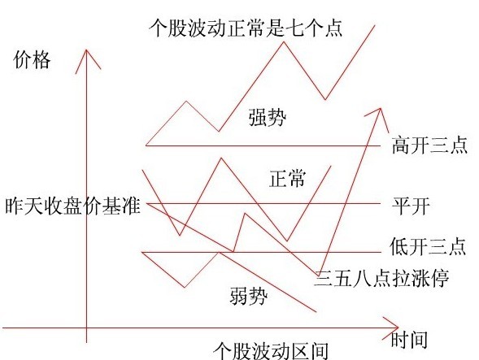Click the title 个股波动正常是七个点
[246, 28]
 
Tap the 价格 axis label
[32, 60]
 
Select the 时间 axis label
[409, 340]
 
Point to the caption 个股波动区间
[271, 351]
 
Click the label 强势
[268, 117]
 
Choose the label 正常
[287, 178]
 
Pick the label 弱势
[249, 296]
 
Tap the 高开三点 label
[430, 145]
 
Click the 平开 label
[412, 206]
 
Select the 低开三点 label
[429, 246]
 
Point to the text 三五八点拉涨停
[382, 278]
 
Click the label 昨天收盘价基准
[72, 206]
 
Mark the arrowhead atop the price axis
[86, 50]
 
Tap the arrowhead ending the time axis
[398, 328]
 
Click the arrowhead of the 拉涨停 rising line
[381, 108]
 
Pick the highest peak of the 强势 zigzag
[284, 41]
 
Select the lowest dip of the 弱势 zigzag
[185, 287]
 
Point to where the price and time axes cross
[86, 328]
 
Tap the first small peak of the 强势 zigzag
[186, 101]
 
